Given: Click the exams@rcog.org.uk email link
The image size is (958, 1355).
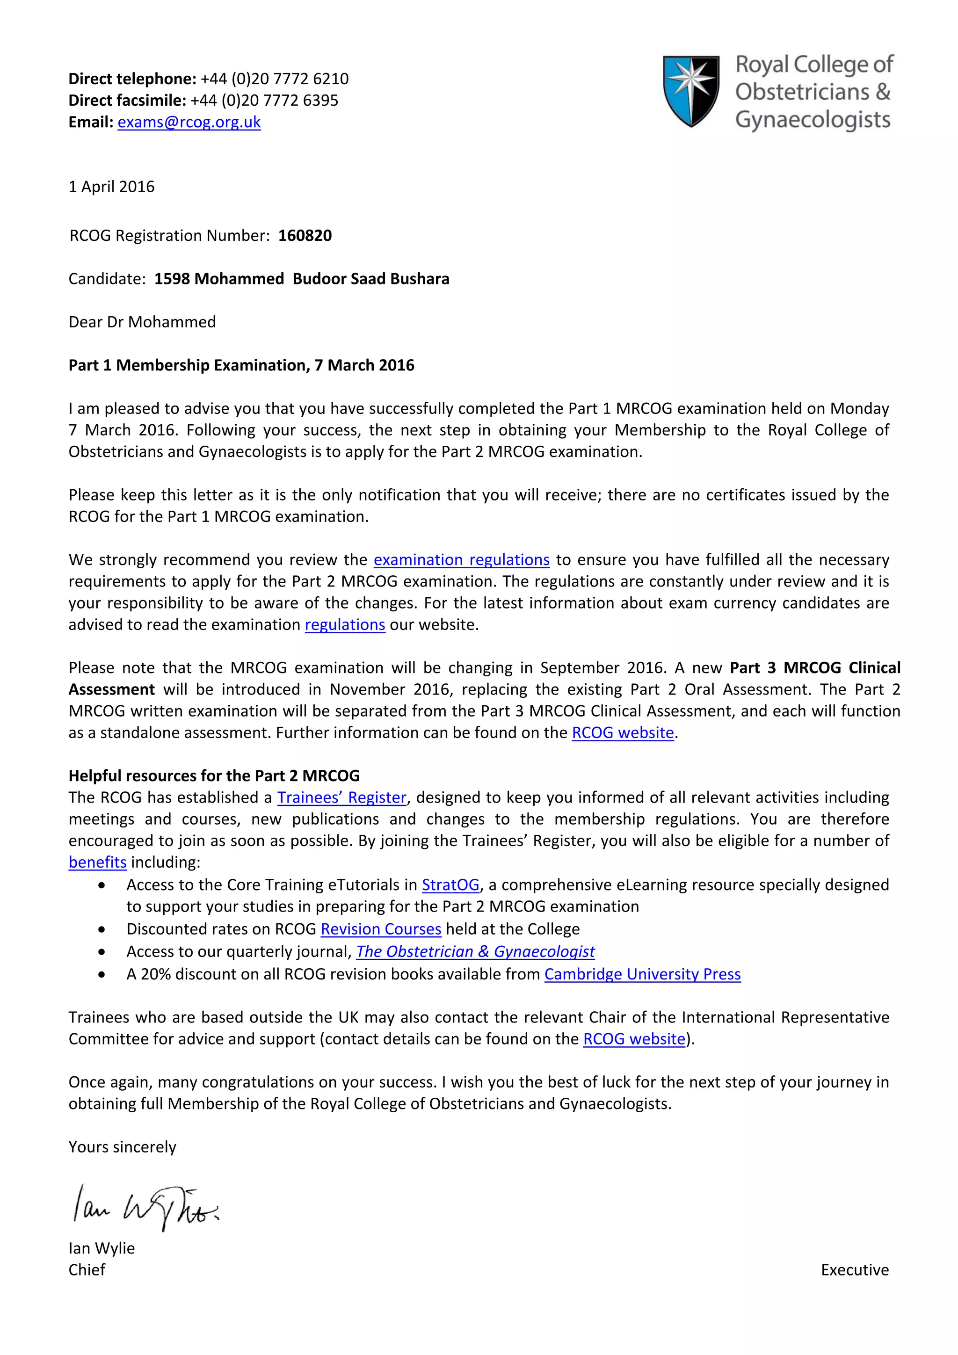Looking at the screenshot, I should pyautogui.click(x=189, y=122).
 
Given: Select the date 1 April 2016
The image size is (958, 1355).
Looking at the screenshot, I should pyautogui.click(x=111, y=187).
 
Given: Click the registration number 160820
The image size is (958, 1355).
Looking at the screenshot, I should pyautogui.click(x=305, y=235).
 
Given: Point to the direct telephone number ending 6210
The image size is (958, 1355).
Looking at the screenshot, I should pyautogui.click(x=275, y=79).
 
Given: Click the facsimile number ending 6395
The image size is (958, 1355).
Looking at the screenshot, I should pyautogui.click(x=264, y=100).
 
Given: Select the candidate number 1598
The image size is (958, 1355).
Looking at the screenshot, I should pyautogui.click(x=172, y=279).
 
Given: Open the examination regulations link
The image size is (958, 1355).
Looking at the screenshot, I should pyautogui.click(x=461, y=559).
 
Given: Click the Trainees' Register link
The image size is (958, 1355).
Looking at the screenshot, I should pyautogui.click(x=342, y=797).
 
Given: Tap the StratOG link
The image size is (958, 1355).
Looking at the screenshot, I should pyautogui.click(x=450, y=884).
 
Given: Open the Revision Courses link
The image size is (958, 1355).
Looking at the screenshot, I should pyautogui.click(x=381, y=929).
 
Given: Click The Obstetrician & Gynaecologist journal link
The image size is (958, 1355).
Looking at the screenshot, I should pyautogui.click(x=475, y=951).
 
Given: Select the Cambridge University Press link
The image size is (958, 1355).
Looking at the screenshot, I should pyautogui.click(x=642, y=974).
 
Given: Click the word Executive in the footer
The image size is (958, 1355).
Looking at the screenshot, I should pyautogui.click(x=854, y=1269).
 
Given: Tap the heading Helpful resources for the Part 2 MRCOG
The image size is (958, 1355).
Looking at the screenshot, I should pyautogui.click(x=214, y=775).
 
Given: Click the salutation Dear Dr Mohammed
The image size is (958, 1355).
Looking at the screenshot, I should pyautogui.click(x=142, y=322).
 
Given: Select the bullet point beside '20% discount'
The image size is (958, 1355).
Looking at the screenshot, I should pyautogui.click(x=102, y=974).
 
